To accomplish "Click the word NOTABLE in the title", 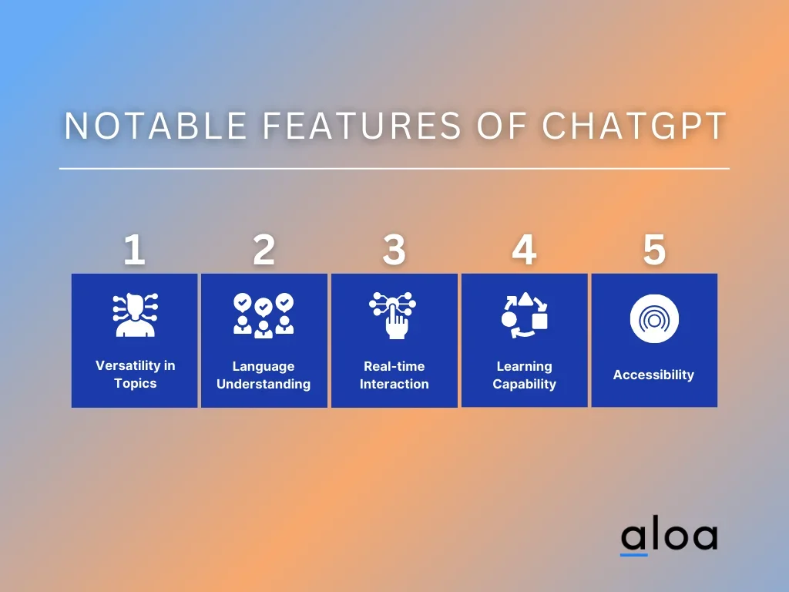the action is [156, 126].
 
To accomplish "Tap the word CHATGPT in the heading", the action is [634, 126].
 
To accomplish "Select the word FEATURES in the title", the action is [362, 126].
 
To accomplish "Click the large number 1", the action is [134, 250].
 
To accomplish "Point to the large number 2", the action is [264, 250].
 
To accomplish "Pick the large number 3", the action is [394, 250].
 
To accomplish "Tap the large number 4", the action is [524, 250].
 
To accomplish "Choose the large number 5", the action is [654, 250].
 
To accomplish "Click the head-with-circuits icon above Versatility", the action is [135, 314].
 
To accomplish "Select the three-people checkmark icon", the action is [264, 315].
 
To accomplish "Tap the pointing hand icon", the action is [393, 315].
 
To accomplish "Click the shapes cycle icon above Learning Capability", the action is [524, 315].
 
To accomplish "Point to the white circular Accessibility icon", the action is [654, 318].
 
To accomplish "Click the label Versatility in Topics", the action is [136, 375].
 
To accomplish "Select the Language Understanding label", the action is [264, 375].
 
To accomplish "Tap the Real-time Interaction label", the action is [394, 375].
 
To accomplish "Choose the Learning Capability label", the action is [524, 375].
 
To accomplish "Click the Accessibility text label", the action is [653, 375].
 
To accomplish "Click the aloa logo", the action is [669, 536].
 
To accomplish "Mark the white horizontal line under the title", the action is [394, 169].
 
